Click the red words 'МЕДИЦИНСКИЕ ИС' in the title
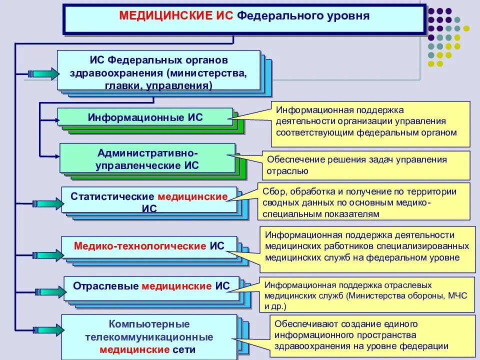pyautogui.click(x=176, y=16)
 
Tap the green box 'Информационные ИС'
pyautogui.click(x=145, y=118)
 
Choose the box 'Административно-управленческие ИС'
pyautogui.click(x=147, y=158)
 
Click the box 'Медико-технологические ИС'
pyautogui.click(x=149, y=246)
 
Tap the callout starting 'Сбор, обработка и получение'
pyautogui.click(x=364, y=201)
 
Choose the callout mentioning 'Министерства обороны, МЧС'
pyautogui.click(x=368, y=295)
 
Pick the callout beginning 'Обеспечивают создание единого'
pyautogui.click(x=370, y=334)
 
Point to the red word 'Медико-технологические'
pyautogui.click(x=140, y=246)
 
